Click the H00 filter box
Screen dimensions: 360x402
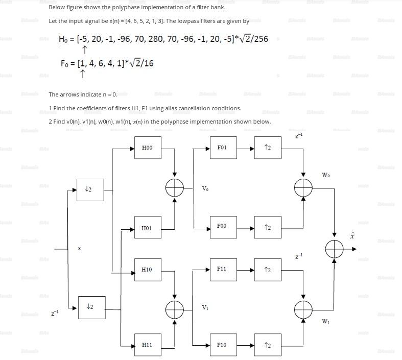(x=148, y=148)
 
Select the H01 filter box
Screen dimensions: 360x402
(x=148, y=228)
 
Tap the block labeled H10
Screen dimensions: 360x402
(x=148, y=269)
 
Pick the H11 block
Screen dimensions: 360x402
(x=148, y=345)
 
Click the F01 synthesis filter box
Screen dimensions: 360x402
(x=223, y=148)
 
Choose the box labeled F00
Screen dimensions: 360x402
(x=223, y=226)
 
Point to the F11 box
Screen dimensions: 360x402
(x=223, y=269)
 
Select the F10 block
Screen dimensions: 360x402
(x=223, y=345)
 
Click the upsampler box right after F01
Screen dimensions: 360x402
(x=268, y=148)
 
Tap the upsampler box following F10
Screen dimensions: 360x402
(x=268, y=345)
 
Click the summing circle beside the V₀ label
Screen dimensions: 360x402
(x=175, y=188)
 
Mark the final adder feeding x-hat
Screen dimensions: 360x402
(x=334, y=249)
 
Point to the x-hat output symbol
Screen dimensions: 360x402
(x=352, y=235)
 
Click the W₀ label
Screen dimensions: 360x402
(x=325, y=175)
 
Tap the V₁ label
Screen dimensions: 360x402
(x=205, y=307)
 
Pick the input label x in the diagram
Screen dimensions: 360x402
(x=79, y=248)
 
